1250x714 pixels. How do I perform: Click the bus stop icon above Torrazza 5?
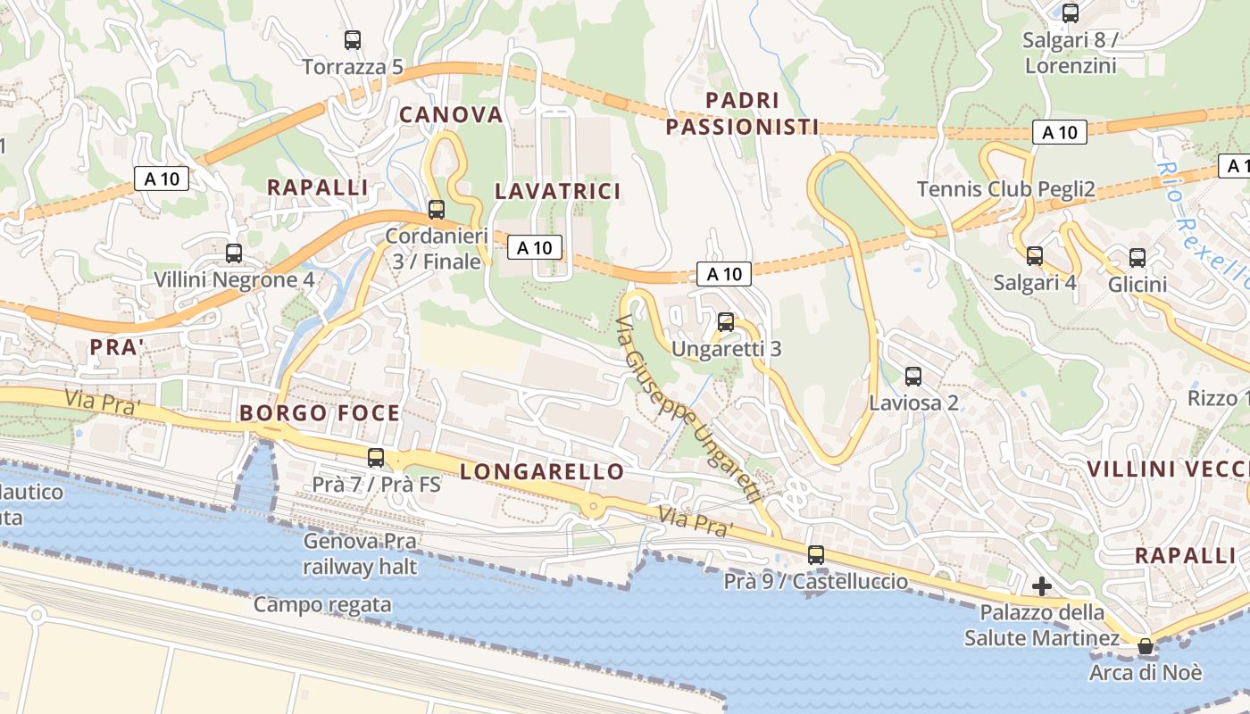(353, 40)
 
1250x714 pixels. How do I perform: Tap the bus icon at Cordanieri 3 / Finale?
(437, 210)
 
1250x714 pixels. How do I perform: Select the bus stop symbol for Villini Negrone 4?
(234, 253)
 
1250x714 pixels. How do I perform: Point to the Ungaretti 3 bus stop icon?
(726, 322)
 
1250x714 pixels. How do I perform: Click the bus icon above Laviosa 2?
(913, 377)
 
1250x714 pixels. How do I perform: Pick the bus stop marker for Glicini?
(1137, 258)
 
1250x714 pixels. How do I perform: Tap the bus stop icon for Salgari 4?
(1035, 256)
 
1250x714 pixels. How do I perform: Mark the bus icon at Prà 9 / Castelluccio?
(816, 554)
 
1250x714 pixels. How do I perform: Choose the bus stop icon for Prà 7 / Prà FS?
(376, 458)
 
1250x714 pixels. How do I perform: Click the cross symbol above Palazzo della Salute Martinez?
(1041, 586)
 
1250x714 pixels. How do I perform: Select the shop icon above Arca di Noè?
(1146, 646)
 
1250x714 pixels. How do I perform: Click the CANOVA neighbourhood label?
(451, 115)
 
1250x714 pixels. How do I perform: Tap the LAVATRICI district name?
(557, 191)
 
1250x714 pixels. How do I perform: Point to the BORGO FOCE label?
(320, 413)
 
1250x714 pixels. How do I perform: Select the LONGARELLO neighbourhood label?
(542, 472)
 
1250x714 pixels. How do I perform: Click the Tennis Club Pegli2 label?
(1006, 189)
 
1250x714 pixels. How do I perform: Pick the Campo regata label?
(322, 605)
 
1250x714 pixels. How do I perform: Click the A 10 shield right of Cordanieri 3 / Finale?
(535, 247)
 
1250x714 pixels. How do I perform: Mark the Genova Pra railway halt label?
(360, 553)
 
